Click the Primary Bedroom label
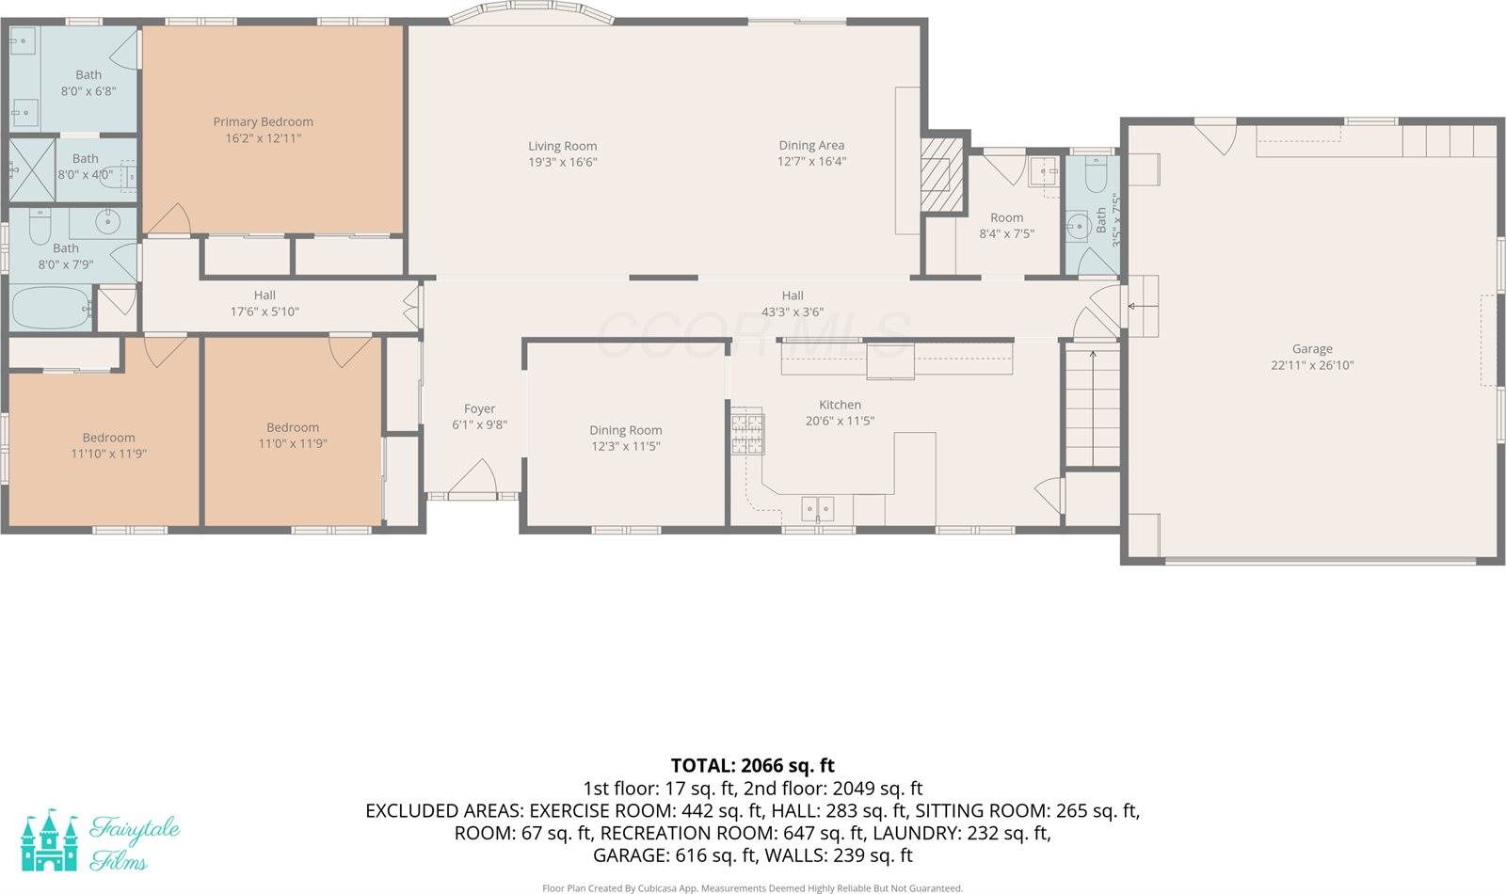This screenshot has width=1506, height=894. pos(263,121)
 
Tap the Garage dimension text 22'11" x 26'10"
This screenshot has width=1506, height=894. pos(1311,365)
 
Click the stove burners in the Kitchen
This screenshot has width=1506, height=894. pos(747,433)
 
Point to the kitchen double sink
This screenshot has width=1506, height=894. pos(817,509)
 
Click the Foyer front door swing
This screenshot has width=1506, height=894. pos(473,478)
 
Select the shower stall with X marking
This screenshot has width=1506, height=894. pos(32,170)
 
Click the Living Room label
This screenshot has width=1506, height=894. pos(562,146)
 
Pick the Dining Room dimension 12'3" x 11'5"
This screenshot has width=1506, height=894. pos(625,446)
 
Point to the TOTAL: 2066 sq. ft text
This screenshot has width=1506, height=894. pos(752,765)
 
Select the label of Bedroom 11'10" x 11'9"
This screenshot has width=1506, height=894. pos(108,438)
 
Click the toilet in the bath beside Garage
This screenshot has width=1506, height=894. pos(1095,175)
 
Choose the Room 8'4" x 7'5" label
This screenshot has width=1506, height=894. pos(1006,217)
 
